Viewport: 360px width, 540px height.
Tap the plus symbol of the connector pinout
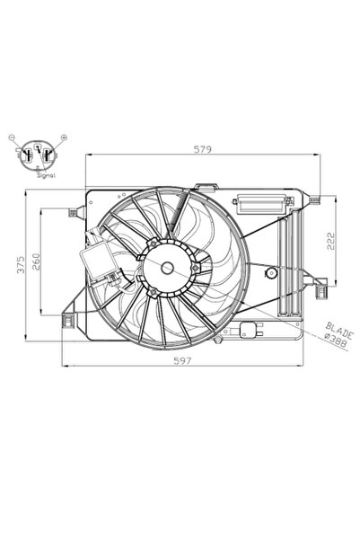click(65, 136)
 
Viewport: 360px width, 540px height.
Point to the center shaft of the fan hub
click(166, 267)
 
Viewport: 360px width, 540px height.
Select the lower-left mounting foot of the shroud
click(68, 321)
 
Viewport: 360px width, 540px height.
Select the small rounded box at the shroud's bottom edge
click(248, 332)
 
